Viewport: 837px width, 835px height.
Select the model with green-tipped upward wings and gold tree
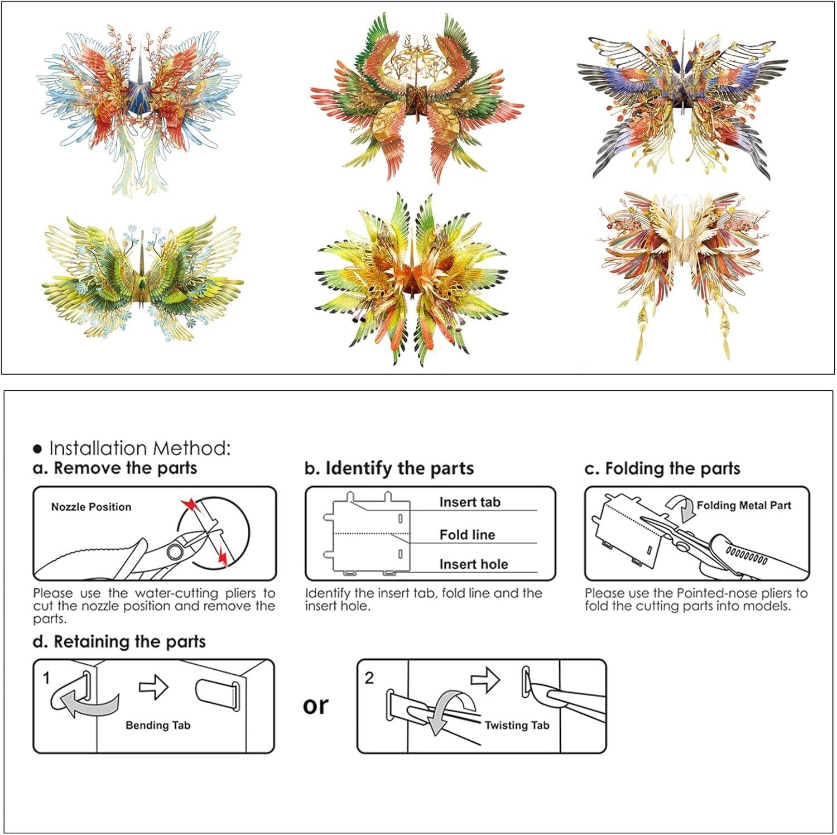417,98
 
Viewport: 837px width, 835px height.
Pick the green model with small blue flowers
142,279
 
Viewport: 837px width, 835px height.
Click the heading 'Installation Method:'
139,448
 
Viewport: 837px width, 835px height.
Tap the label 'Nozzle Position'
92,507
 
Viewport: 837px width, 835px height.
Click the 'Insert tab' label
470,502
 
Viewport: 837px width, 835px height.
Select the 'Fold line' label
467,535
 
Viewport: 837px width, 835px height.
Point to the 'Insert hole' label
474,564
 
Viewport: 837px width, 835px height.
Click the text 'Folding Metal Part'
744,506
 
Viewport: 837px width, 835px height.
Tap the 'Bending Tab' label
158,725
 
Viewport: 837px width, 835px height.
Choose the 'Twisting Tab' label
517,725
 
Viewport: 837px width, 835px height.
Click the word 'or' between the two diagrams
316,706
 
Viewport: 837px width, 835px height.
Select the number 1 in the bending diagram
46,678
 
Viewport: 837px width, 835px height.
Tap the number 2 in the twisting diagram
369,678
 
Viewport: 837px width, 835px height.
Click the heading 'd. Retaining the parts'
119,642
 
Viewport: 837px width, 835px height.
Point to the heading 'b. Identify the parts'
389,468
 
